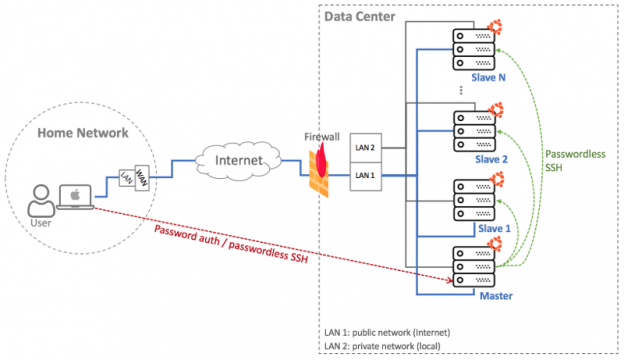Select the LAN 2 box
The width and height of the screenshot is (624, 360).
point(365,148)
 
